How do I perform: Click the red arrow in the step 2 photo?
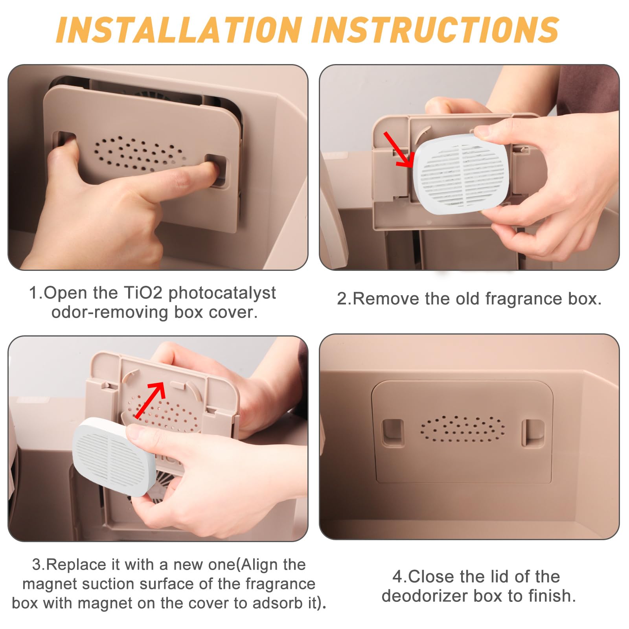point(398,149)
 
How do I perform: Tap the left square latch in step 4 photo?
point(393,433)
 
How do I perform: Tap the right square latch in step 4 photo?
point(533,433)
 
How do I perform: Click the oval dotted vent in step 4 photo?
point(463,429)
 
